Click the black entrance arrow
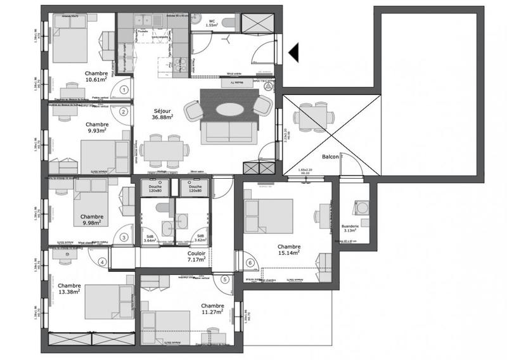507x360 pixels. click(293, 53)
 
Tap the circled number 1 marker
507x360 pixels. click(124, 90)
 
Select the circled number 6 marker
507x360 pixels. click(250, 262)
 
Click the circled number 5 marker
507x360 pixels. click(224, 280)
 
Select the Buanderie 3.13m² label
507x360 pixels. click(350, 228)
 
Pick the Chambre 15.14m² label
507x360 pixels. click(288, 250)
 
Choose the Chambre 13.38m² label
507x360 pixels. click(69, 288)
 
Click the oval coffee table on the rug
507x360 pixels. click(229, 109)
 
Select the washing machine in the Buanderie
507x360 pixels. click(363, 208)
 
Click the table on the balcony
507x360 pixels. click(311, 117)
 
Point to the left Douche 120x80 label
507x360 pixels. click(155, 189)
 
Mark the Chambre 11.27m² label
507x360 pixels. click(210, 309)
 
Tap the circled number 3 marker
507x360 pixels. click(124, 238)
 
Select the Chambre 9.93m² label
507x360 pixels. click(97, 128)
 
